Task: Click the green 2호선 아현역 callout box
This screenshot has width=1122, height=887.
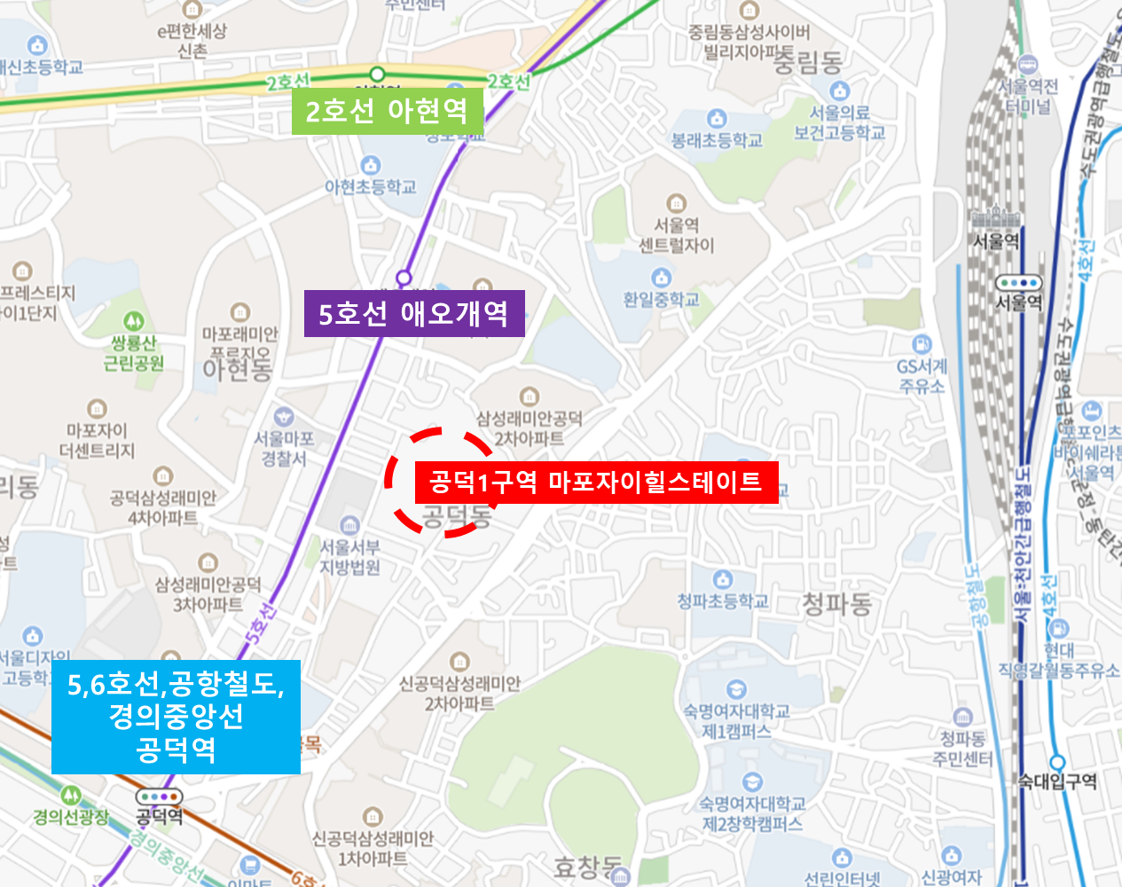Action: (388, 111)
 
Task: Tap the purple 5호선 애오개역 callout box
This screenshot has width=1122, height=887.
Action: (414, 313)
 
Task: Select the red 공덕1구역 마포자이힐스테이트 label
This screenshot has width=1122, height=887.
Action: (596, 482)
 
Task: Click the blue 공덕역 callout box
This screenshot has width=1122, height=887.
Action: (176, 717)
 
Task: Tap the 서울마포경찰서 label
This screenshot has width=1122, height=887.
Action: (283, 448)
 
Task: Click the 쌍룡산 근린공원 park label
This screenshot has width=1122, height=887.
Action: (133, 353)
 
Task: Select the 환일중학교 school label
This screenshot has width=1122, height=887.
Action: (661, 300)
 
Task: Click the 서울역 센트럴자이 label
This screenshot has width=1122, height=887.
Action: (676, 235)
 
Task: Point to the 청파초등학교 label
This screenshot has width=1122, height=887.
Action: (723, 601)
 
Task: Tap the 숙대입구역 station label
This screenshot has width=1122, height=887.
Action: (1057, 781)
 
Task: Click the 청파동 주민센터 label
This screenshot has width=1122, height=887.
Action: (962, 748)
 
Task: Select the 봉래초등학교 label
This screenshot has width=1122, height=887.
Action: (717, 140)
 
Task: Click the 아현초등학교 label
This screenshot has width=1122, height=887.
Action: (370, 186)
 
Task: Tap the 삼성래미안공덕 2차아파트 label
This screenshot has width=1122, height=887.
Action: (530, 428)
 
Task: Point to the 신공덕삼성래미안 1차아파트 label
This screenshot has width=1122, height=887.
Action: (373, 848)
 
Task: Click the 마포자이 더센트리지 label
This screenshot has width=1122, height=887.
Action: (97, 440)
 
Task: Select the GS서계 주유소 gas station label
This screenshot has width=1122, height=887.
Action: (922, 376)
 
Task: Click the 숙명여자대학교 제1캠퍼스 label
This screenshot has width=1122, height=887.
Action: (736, 720)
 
